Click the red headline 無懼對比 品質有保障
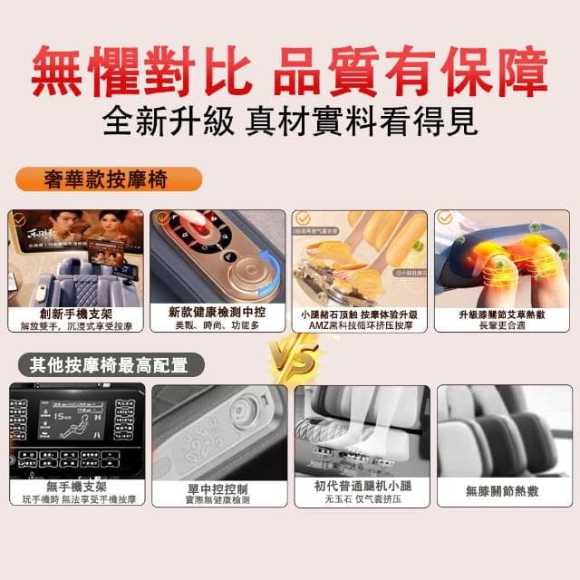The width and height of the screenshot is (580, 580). (290, 69)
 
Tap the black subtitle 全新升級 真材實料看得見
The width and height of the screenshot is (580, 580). (290, 121)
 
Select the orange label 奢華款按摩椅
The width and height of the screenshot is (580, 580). (106, 179)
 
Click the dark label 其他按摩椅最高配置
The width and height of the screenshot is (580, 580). (108, 365)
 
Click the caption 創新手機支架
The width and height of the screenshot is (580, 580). (76, 313)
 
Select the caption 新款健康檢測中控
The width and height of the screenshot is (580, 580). (217, 312)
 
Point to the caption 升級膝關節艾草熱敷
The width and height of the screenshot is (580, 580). (504, 315)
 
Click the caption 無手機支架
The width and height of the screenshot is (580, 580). (76, 487)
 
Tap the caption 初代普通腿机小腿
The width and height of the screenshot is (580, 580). (360, 487)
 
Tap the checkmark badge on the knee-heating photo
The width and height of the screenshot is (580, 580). (445, 218)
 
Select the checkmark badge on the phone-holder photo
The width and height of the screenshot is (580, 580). (19, 218)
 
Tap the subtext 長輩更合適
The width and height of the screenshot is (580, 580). (504, 327)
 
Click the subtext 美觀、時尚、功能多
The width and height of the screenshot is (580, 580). (217, 324)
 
